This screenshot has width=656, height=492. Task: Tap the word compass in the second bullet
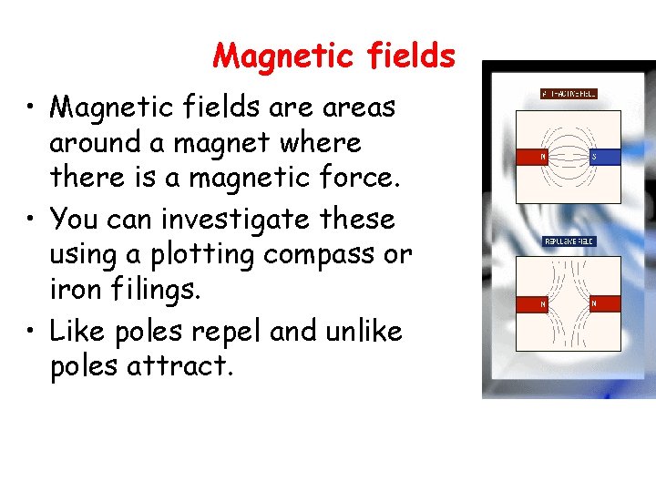click(323, 256)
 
